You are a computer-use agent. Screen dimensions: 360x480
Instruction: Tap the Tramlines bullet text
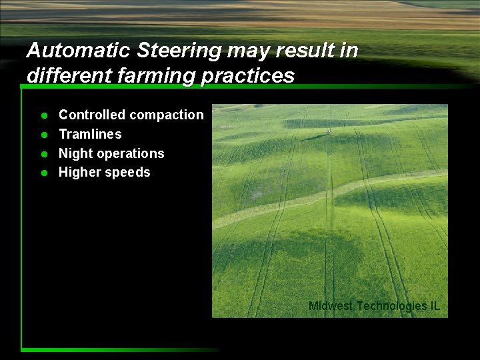click(90, 134)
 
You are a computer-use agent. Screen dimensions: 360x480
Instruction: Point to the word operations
click(131, 154)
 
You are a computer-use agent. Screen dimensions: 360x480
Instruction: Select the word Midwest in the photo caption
click(331, 306)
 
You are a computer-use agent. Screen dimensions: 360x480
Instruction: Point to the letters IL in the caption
click(435, 306)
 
